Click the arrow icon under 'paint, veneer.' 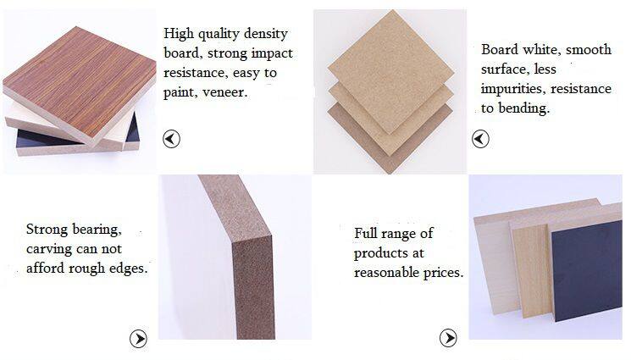(171, 139)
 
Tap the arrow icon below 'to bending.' (480, 139)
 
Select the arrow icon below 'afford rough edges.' (138, 339)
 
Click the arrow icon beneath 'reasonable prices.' (448, 337)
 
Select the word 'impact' (272, 54)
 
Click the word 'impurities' (513, 89)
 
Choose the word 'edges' (129, 269)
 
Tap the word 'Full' (366, 233)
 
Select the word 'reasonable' (387, 273)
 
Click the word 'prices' (443, 274)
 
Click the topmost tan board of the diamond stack (391, 72)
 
